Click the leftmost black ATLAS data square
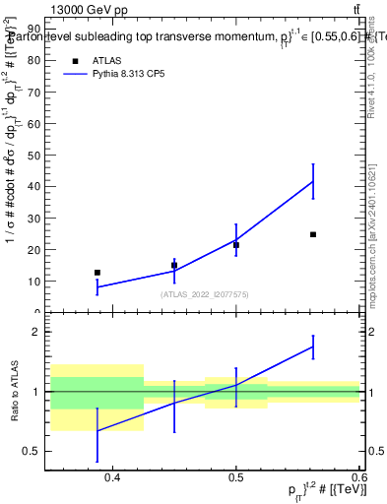[x=97, y=272]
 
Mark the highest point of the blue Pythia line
[x=313, y=181]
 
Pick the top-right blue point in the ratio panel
[x=313, y=346]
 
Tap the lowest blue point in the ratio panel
[x=97, y=431]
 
